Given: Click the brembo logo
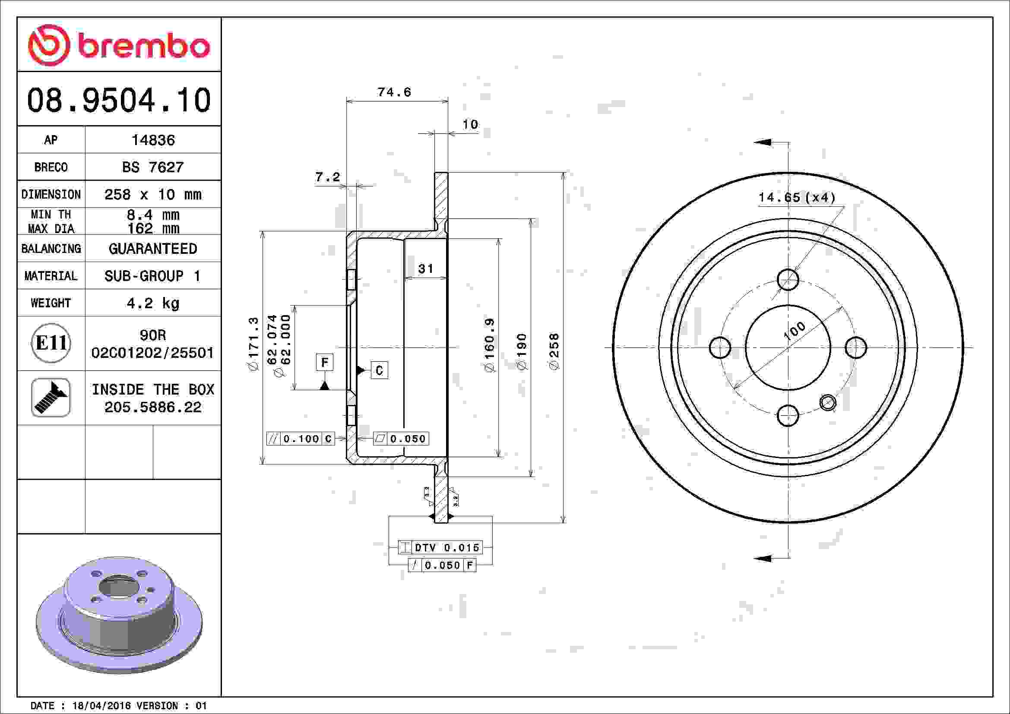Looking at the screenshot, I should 119,45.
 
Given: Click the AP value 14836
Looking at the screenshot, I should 153,140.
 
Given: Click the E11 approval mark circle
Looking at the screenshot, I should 51,343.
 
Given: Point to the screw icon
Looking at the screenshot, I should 51,398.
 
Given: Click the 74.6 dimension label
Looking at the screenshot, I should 394,92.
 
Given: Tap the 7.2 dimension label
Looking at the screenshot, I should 328,177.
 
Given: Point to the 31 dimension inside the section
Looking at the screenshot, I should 425,269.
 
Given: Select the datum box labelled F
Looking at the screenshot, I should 325,362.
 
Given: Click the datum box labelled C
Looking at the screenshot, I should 379,371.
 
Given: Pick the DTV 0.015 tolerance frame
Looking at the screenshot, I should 440,547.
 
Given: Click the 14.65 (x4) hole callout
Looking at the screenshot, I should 797,197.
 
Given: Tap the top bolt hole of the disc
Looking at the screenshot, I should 788,280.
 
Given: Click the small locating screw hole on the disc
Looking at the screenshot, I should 828,403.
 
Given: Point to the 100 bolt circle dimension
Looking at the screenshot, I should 795,331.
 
